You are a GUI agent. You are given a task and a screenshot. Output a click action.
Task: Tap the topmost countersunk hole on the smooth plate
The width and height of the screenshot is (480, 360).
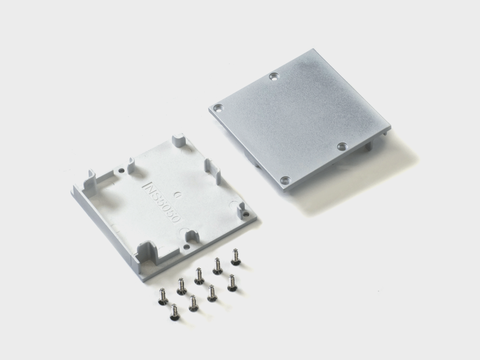(274, 76)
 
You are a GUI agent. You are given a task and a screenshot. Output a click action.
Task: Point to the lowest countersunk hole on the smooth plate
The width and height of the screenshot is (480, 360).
(285, 181)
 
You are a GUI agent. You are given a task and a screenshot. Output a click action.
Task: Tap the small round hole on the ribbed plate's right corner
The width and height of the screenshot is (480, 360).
(246, 213)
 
